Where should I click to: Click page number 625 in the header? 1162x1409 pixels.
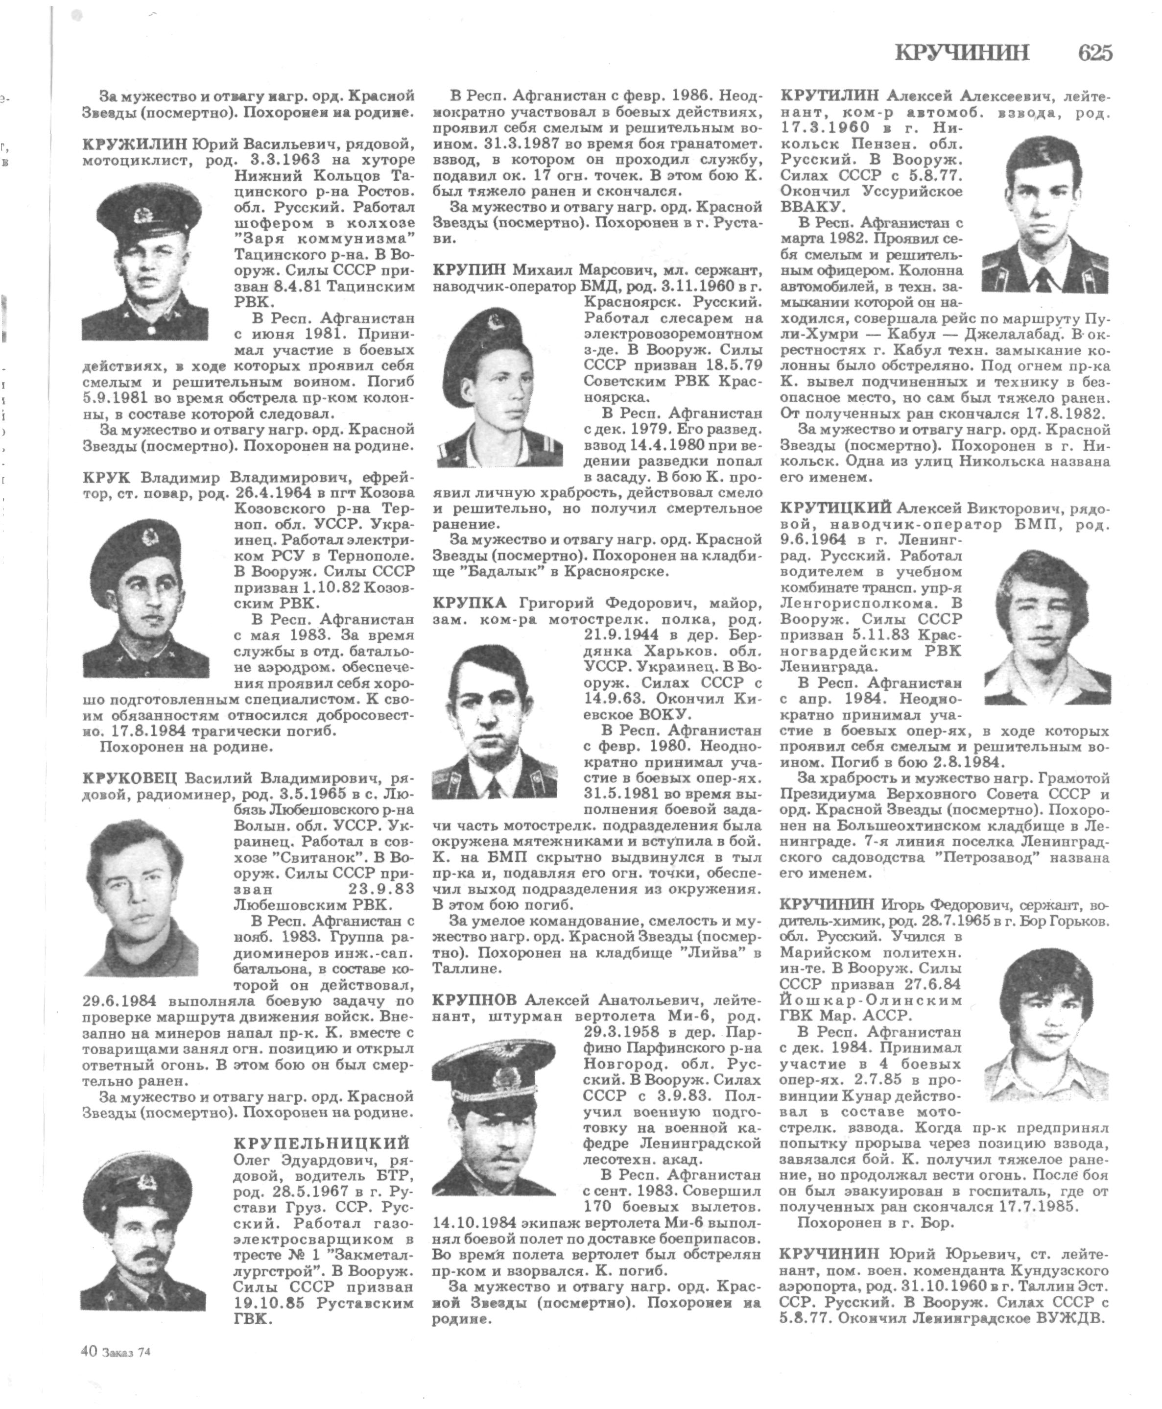pyautogui.click(x=1094, y=53)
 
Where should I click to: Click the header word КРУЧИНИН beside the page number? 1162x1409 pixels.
pyautogui.click(x=962, y=53)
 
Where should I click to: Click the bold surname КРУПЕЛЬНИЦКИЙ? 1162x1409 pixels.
pyautogui.click(x=322, y=1142)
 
